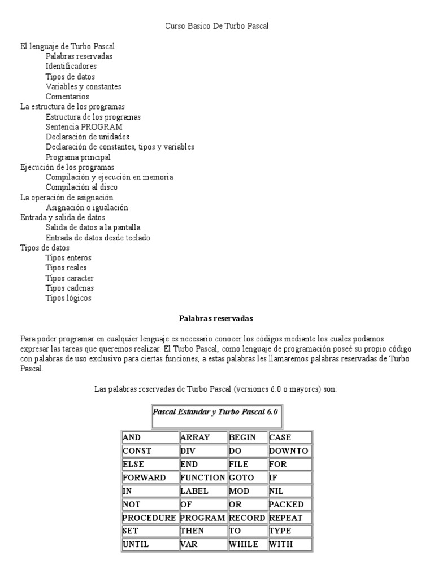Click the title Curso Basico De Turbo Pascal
(x=216, y=26)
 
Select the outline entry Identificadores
(x=71, y=67)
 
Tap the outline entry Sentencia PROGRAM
(x=84, y=127)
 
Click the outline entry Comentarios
(x=67, y=97)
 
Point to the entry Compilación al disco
(x=81, y=187)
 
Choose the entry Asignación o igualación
(x=86, y=207)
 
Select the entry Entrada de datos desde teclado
(x=98, y=238)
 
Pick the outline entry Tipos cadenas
(x=70, y=288)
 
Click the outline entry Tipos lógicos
(x=68, y=298)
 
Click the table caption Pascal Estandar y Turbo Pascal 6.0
(x=216, y=412)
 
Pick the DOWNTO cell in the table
(x=290, y=451)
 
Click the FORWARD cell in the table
(x=149, y=478)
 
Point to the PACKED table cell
(x=290, y=504)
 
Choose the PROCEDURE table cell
(x=149, y=518)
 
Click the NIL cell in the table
(x=290, y=491)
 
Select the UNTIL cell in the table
(x=149, y=544)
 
